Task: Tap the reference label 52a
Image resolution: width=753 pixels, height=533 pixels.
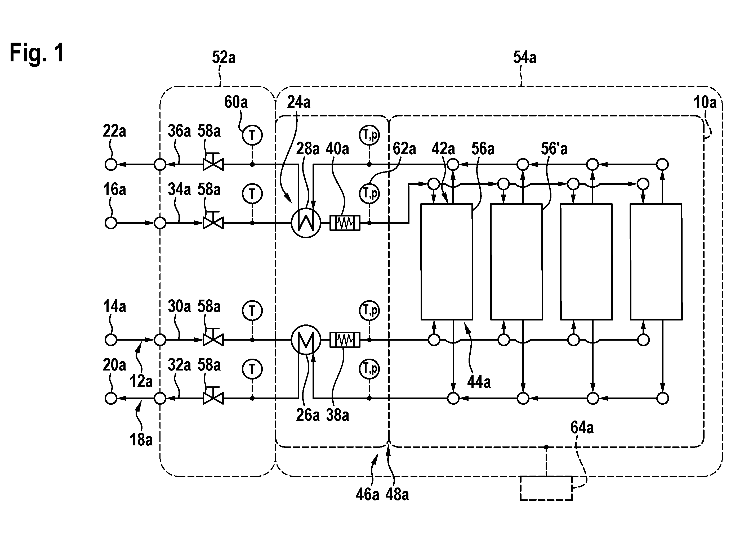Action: [x=224, y=57]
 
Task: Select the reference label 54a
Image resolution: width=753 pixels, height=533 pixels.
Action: [x=525, y=57]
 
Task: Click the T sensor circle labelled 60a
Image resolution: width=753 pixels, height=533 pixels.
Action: [x=252, y=135]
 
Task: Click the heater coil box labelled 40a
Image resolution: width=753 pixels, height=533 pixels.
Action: [x=345, y=223]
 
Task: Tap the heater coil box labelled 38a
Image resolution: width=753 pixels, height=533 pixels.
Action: [x=345, y=340]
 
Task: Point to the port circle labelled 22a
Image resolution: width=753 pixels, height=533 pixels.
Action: [x=111, y=164]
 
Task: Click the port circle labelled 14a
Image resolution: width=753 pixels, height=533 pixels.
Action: [x=111, y=340]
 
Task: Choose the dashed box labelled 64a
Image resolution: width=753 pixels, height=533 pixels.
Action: [x=546, y=488]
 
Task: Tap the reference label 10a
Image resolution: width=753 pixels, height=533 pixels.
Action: [x=705, y=103]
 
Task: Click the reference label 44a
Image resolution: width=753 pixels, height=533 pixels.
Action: [x=479, y=382]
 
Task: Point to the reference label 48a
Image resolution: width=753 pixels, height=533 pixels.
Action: [x=397, y=495]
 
